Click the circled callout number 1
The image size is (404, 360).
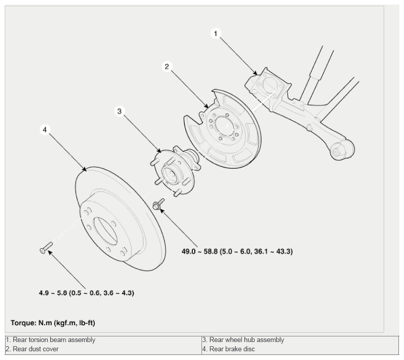pyautogui.click(x=216, y=33)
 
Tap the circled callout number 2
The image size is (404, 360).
pyautogui.click(x=167, y=67)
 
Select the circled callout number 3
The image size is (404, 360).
pyautogui.click(x=119, y=111)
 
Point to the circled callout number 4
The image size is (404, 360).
pyautogui.click(x=45, y=130)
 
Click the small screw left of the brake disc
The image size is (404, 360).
pyautogui.click(x=46, y=248)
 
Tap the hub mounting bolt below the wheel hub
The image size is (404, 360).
pyautogui.click(x=158, y=204)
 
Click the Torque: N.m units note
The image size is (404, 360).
pyautogui.click(x=53, y=323)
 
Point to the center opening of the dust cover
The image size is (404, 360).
pyautogui.click(x=224, y=127)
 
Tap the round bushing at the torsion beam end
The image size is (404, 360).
pyautogui.click(x=336, y=152)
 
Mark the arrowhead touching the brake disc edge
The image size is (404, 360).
pyautogui.click(x=84, y=169)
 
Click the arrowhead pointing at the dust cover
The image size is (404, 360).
pyautogui.click(x=206, y=106)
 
